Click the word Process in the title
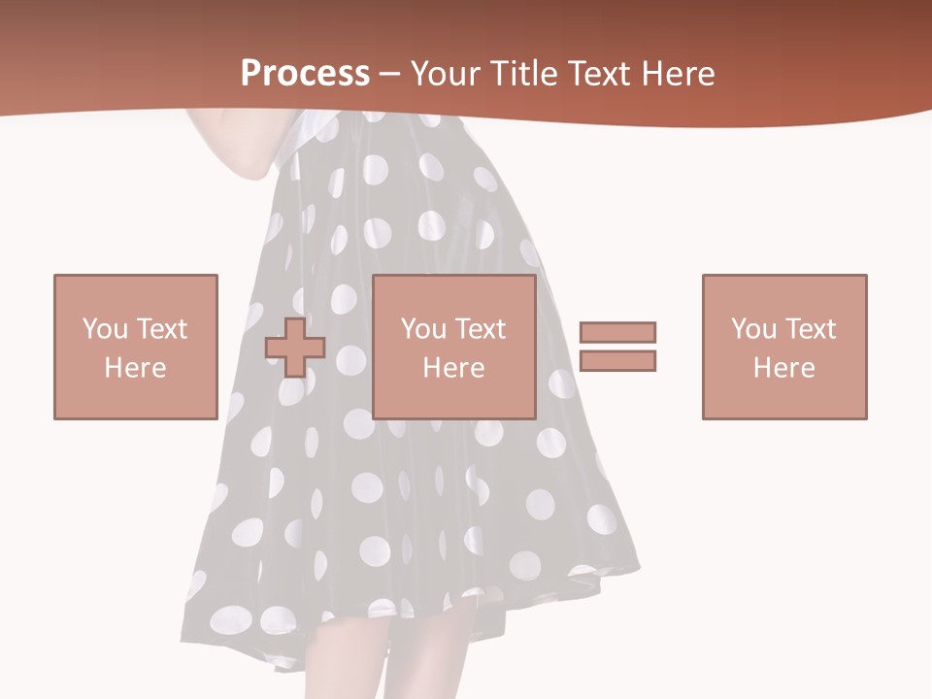305,74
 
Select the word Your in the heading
445,74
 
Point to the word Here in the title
678,74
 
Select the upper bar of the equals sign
617,332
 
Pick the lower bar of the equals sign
617,360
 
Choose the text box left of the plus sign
135,347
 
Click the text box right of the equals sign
784,347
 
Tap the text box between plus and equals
453,347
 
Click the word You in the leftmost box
104,329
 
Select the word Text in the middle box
481,329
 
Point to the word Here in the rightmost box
784,368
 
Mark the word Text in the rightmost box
811,329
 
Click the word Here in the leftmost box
135,368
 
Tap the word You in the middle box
423,329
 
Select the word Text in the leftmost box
162,329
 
